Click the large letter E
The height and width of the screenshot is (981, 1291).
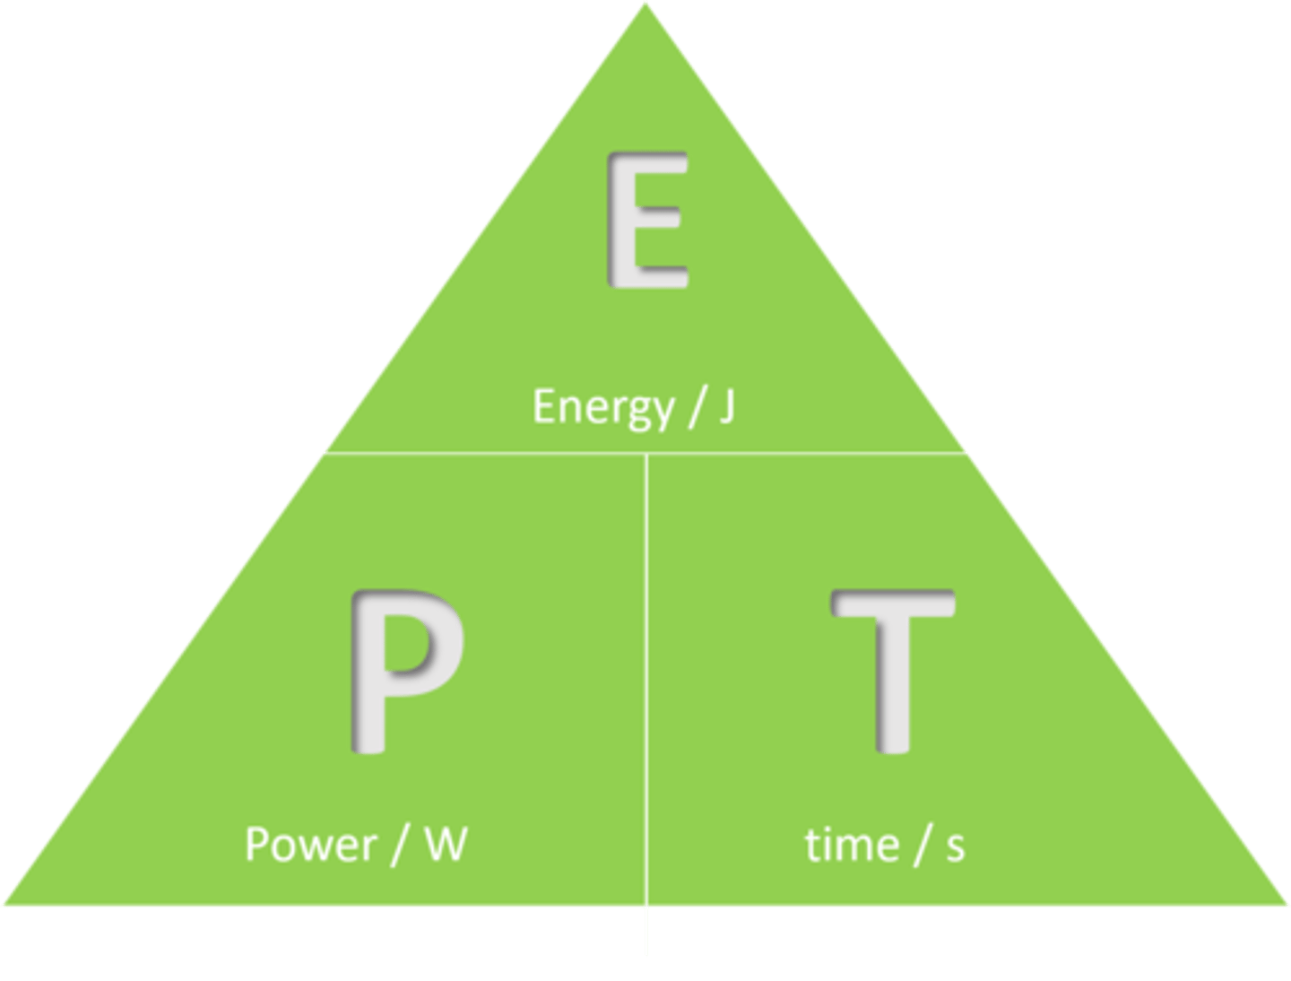point(647,220)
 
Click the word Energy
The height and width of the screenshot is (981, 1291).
point(602,408)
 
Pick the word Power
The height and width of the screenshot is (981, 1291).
point(310,845)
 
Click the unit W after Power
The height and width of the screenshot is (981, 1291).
point(446,845)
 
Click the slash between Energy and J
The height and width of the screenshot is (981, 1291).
point(692,408)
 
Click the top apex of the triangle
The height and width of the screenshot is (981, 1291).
point(645,4)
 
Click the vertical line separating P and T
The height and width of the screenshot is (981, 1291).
point(646,681)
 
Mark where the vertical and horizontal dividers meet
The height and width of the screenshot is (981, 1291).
point(646,454)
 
